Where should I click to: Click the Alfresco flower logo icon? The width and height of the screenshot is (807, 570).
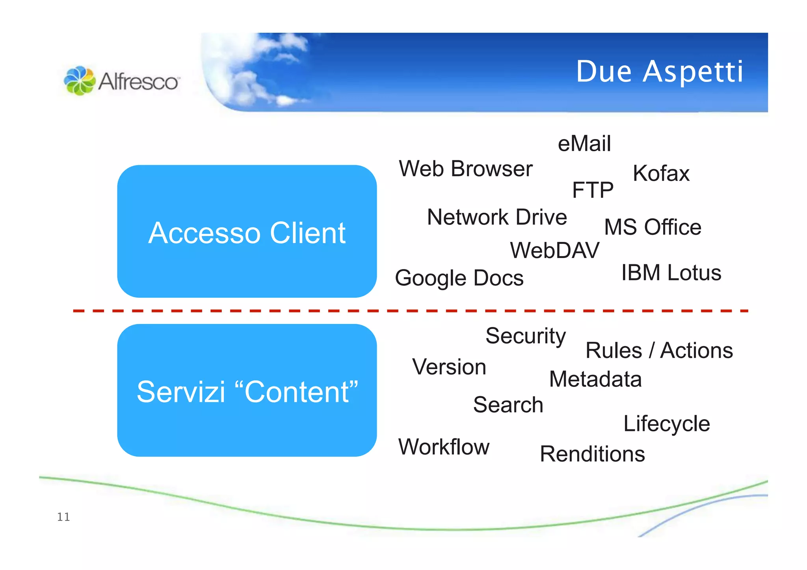pyautogui.click(x=80, y=81)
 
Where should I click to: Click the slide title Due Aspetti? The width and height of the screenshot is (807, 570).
pyautogui.click(x=659, y=72)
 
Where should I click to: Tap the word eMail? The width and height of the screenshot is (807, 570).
pyautogui.click(x=584, y=143)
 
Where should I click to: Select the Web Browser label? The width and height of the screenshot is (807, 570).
pyautogui.click(x=465, y=169)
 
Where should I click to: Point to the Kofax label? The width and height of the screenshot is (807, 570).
pyautogui.click(x=661, y=173)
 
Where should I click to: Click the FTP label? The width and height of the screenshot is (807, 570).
pyautogui.click(x=592, y=190)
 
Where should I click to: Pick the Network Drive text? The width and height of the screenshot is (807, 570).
pyautogui.click(x=496, y=217)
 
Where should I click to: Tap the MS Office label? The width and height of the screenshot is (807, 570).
pyautogui.click(x=653, y=227)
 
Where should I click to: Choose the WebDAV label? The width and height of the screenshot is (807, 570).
pyautogui.click(x=554, y=251)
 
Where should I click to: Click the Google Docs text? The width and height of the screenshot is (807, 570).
pyautogui.click(x=459, y=278)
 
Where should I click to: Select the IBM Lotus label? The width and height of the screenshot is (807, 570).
pyautogui.click(x=671, y=273)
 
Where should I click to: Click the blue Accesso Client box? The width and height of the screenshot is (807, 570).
pyautogui.click(x=247, y=232)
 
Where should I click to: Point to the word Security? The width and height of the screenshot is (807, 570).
pyautogui.click(x=525, y=336)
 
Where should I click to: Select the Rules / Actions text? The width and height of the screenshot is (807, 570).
pyautogui.click(x=659, y=351)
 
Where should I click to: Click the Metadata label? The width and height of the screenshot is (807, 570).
pyautogui.click(x=595, y=379)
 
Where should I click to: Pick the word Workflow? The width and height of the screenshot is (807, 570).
pyautogui.click(x=444, y=447)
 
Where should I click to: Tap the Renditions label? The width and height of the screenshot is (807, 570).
pyautogui.click(x=592, y=454)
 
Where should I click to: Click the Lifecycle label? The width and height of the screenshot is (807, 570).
pyautogui.click(x=666, y=424)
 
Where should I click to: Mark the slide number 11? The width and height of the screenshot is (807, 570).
pyautogui.click(x=63, y=517)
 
